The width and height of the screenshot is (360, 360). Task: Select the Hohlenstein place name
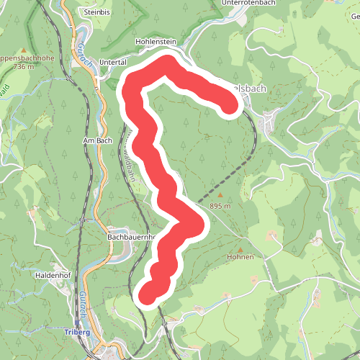click(x=156, y=42)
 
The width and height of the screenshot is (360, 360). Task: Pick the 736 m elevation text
click(x=23, y=67)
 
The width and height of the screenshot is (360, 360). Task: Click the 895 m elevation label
click(x=220, y=206)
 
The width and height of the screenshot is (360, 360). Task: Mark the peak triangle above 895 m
click(x=220, y=195)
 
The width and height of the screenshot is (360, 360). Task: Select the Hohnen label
click(x=240, y=257)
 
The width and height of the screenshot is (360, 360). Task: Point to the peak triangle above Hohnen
click(x=240, y=246)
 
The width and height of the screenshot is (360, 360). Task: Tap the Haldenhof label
click(x=51, y=275)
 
